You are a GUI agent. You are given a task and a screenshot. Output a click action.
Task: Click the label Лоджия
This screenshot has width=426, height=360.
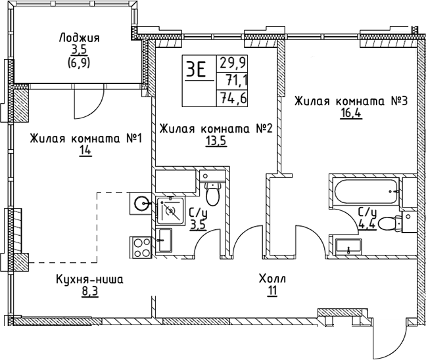[79, 38]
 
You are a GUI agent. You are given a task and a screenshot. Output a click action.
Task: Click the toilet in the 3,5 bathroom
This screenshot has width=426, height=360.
[212, 192]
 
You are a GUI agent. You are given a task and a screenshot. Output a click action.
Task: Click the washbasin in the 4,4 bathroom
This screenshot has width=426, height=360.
[348, 246]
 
